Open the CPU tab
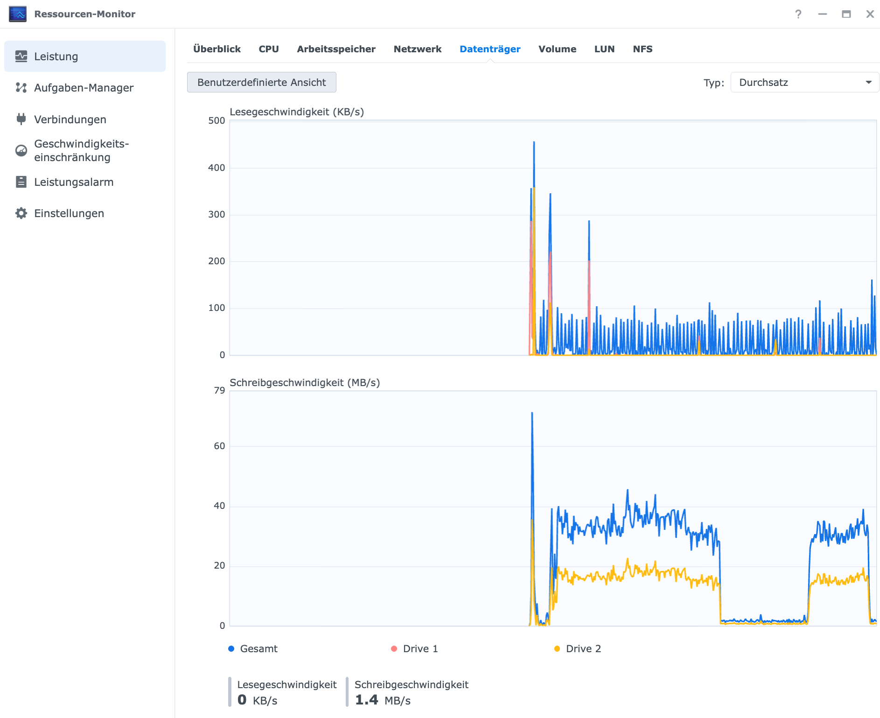point(269,49)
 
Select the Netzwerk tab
point(417,49)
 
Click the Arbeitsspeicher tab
point(336,49)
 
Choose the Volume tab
point(557,49)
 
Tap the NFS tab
point(643,49)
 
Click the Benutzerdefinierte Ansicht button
point(261,82)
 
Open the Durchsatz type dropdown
point(804,82)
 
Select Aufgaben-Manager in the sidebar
point(84,88)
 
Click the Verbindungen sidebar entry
point(70,120)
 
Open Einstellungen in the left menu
point(69,213)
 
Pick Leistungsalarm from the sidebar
point(74,182)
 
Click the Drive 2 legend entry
point(578,648)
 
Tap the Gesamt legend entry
point(253,648)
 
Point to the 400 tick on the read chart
point(217,168)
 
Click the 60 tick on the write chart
point(219,446)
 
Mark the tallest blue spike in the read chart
point(534,142)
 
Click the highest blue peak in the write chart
point(532,413)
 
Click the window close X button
point(870,14)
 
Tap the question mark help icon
point(798,14)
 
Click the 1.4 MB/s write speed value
point(383,700)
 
